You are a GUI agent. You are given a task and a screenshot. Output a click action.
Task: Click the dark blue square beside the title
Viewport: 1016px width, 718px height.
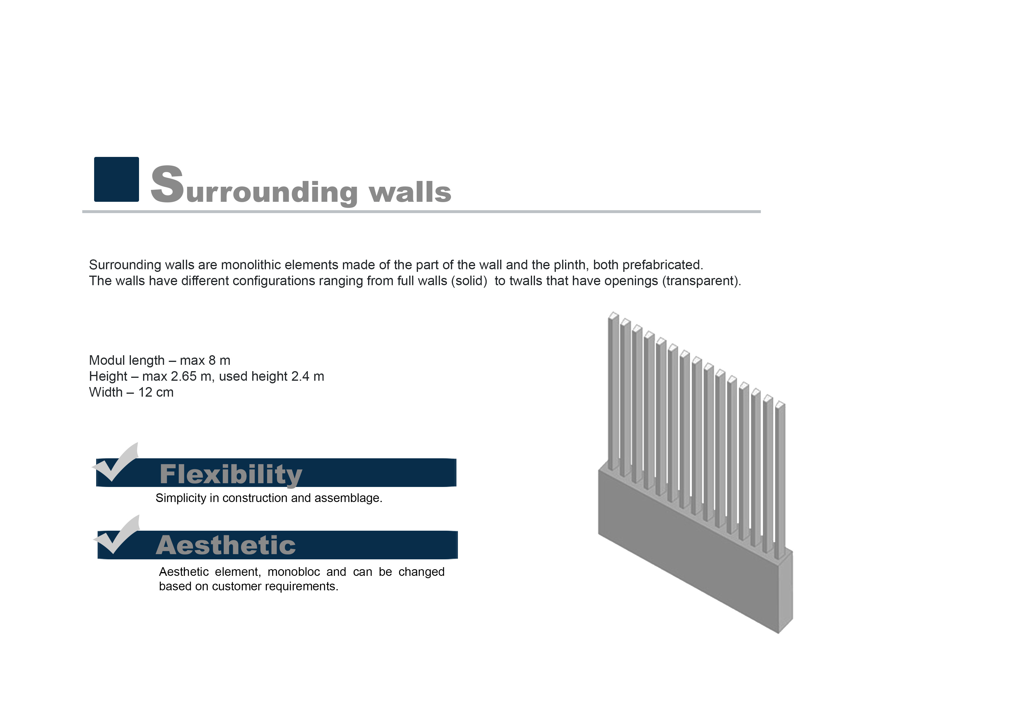coord(116,179)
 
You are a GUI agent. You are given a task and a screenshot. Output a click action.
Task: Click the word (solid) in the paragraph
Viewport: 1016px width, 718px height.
coord(469,281)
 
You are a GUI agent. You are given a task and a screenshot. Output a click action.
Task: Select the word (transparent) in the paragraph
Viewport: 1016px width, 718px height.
coord(701,281)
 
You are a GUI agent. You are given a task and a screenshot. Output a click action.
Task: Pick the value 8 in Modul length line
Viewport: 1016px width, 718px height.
coord(212,360)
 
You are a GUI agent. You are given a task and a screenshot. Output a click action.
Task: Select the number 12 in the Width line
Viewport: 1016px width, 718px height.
coord(145,392)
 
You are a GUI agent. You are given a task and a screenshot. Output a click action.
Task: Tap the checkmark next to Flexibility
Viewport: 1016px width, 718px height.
coord(115,463)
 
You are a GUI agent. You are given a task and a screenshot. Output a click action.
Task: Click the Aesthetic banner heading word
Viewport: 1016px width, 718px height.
coord(226,545)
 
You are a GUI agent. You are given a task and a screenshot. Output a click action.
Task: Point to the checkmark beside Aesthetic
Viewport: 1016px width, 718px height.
coord(116,535)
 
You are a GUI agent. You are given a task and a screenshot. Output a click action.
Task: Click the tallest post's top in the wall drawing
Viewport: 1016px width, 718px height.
coord(613,315)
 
